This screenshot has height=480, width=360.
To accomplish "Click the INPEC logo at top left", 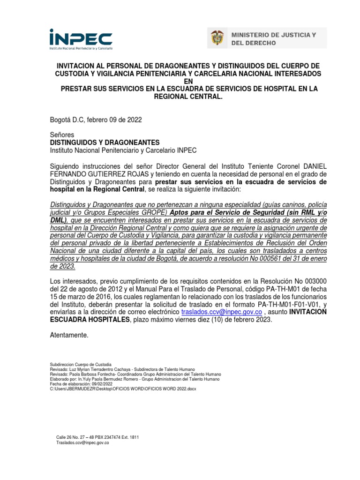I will point(81,39).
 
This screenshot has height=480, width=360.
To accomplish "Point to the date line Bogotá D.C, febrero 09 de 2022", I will point(96,120).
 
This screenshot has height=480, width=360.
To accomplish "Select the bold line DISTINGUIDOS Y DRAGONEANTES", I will point(105,142).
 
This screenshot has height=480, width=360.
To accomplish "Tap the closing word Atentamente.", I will point(68,335).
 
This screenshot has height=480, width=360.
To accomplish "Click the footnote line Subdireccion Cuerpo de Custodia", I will point(81,364).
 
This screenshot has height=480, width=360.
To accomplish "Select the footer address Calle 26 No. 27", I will point(75,437).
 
